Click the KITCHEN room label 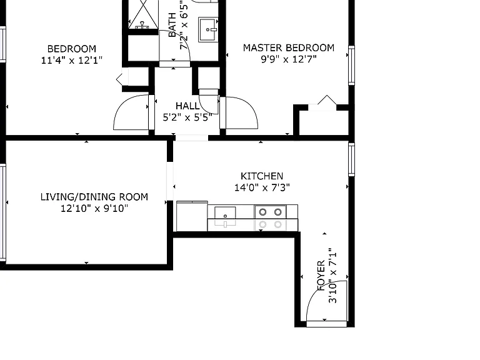click(x=262, y=176)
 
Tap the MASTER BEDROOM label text click(x=288, y=47)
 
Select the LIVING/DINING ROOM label click(x=94, y=197)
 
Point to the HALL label click(x=187, y=106)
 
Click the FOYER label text click(x=321, y=276)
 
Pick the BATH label click(x=172, y=25)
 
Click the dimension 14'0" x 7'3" click(x=262, y=187)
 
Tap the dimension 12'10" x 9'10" click(x=94, y=209)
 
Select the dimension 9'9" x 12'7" click(x=288, y=59)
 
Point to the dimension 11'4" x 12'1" click(x=72, y=60)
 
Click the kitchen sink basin click(x=225, y=213)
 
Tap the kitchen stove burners click(x=270, y=212)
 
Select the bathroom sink click(x=208, y=29)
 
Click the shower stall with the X click(x=143, y=14)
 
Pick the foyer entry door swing click(x=327, y=301)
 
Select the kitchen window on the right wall click(x=352, y=159)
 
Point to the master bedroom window click(x=352, y=66)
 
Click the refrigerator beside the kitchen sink click(x=192, y=216)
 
